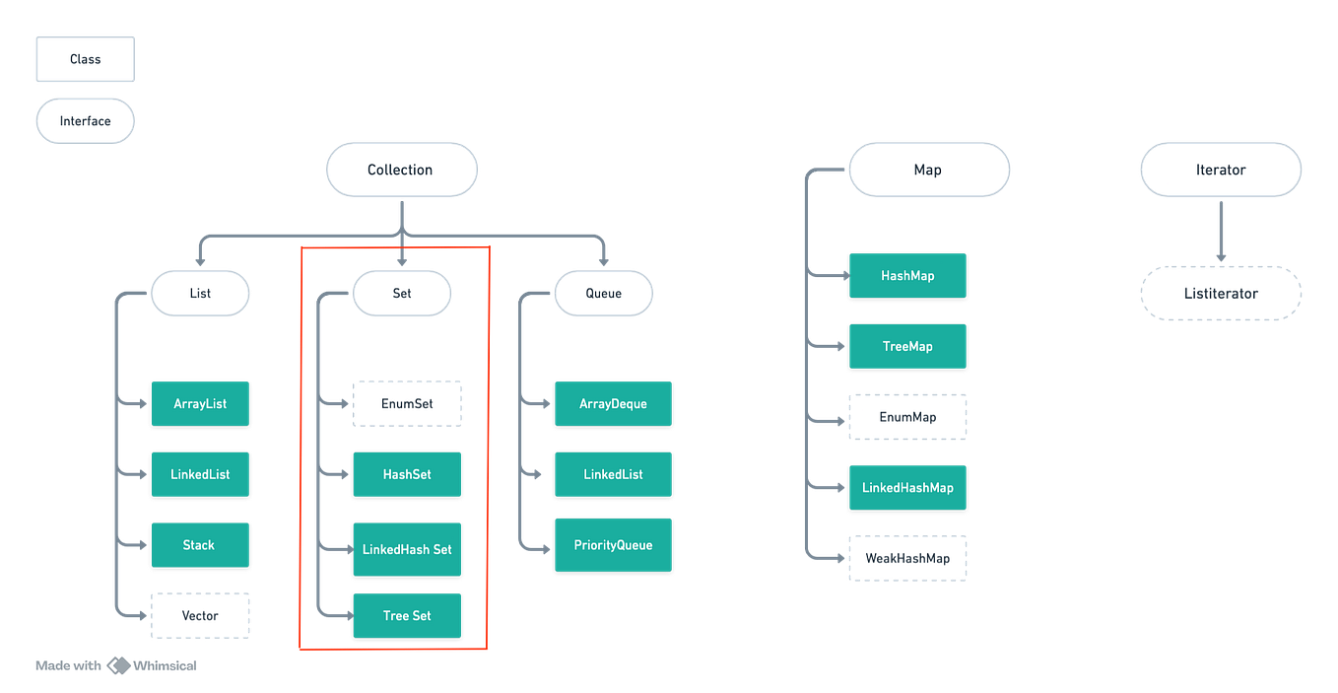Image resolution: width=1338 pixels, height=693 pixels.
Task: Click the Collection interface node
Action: click(401, 170)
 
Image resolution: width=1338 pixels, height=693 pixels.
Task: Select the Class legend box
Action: click(85, 59)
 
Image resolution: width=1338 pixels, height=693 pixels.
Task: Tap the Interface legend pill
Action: click(85, 121)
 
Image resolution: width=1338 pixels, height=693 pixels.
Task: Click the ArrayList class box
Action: click(200, 403)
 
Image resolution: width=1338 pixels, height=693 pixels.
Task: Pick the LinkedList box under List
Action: click(200, 474)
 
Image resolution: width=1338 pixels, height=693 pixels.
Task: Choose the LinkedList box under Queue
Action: click(613, 474)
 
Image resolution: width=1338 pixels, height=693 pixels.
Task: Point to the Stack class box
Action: click(200, 545)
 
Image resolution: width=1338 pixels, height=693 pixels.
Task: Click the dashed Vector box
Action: click(200, 616)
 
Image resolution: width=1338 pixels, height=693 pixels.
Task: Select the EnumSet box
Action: click(407, 403)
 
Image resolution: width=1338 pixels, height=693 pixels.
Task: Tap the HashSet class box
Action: click(407, 474)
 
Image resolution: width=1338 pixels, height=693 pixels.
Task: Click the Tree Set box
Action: click(407, 616)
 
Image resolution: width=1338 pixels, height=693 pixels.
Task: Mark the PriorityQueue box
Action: click(613, 545)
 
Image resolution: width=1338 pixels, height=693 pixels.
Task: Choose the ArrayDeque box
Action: click(613, 403)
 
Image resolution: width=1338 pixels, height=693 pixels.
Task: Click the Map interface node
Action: click(928, 170)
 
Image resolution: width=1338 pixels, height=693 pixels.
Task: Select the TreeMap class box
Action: click(907, 346)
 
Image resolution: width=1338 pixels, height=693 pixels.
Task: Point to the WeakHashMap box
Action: click(907, 558)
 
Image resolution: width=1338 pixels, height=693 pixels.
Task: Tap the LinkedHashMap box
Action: click(907, 488)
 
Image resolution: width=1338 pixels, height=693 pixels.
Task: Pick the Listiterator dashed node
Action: click(1221, 294)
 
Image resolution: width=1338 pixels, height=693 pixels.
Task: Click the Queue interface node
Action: click(603, 294)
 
